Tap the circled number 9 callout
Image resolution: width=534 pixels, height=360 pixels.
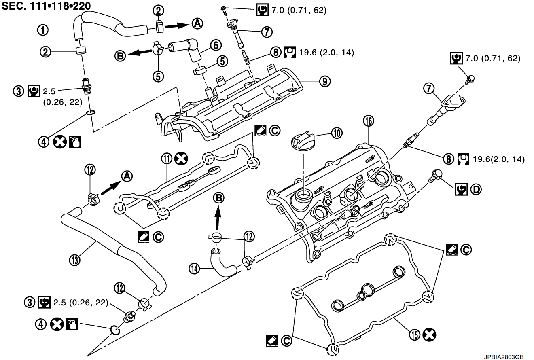coord(324,81)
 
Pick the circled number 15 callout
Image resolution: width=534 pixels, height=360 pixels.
coord(415,334)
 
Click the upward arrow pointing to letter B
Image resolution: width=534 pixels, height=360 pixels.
coord(217,216)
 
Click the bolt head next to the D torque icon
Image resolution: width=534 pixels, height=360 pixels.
coord(437,175)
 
